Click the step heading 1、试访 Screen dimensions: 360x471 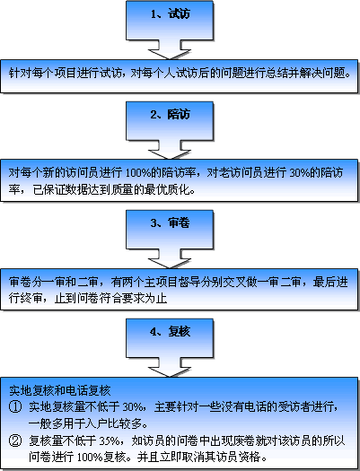[x=170, y=13]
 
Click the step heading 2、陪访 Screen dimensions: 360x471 [x=170, y=115]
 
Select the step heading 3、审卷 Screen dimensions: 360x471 [x=170, y=222]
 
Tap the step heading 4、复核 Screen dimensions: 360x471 [x=170, y=332]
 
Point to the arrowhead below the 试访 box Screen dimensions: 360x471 [x=170, y=54]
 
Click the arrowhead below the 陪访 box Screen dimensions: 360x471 [x=170, y=154]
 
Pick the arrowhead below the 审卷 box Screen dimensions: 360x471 [x=170, y=263]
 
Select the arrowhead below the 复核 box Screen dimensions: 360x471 [x=170, y=372]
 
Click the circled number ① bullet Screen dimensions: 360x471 [x=15, y=407]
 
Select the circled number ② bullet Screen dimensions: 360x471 [x=15, y=441]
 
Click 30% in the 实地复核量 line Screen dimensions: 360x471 [x=133, y=407]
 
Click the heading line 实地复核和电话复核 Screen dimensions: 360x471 [x=60, y=390]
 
